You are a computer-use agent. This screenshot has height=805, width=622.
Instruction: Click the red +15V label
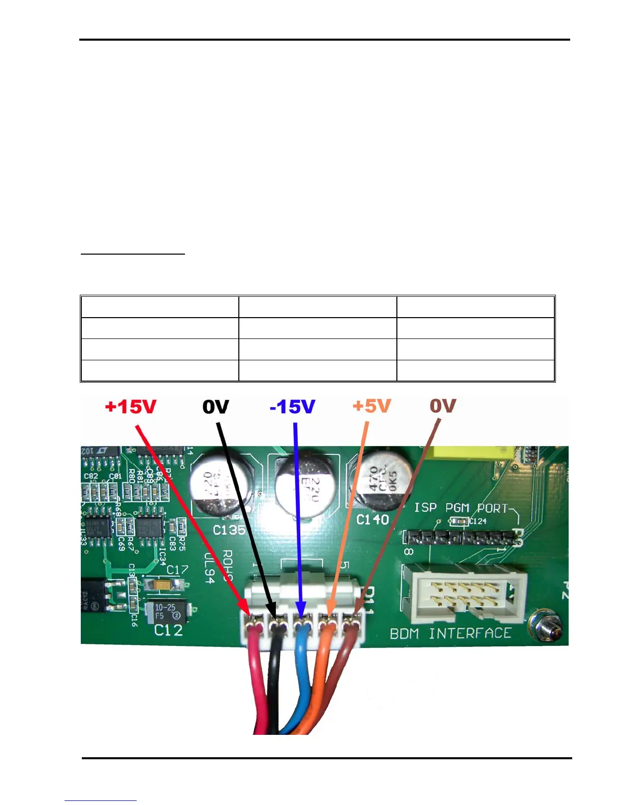tap(131, 407)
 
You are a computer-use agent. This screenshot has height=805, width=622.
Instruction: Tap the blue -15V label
tap(292, 407)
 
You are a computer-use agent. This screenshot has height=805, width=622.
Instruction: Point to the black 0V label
tap(215, 407)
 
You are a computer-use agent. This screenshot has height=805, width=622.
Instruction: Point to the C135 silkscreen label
tap(229, 530)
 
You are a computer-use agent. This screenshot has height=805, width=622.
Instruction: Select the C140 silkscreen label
tap(372, 519)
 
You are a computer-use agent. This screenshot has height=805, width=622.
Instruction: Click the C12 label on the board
tap(168, 630)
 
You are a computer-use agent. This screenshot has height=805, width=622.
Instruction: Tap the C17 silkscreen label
tap(177, 570)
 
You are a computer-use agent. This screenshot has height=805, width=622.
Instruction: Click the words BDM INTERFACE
tap(450, 633)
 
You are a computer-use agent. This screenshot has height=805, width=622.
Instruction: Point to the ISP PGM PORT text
tap(460, 508)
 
